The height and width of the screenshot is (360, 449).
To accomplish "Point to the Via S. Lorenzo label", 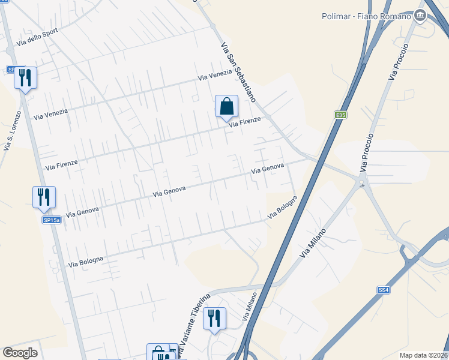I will (x=13, y=130).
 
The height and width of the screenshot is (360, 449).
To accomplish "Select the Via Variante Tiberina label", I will (x=193, y=325).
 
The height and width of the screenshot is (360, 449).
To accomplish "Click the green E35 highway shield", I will (x=341, y=115).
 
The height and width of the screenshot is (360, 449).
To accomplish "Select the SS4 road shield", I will (x=384, y=290).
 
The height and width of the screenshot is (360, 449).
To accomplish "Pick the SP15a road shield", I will (x=52, y=220).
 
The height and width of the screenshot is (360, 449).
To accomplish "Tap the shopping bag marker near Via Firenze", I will (x=227, y=107).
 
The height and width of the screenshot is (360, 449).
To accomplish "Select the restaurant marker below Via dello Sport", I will (x=26, y=78).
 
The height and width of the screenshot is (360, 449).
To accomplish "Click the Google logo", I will (x=20, y=353).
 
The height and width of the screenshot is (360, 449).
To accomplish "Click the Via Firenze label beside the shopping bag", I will (x=244, y=122).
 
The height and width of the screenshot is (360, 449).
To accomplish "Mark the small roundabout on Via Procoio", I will (x=362, y=184).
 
